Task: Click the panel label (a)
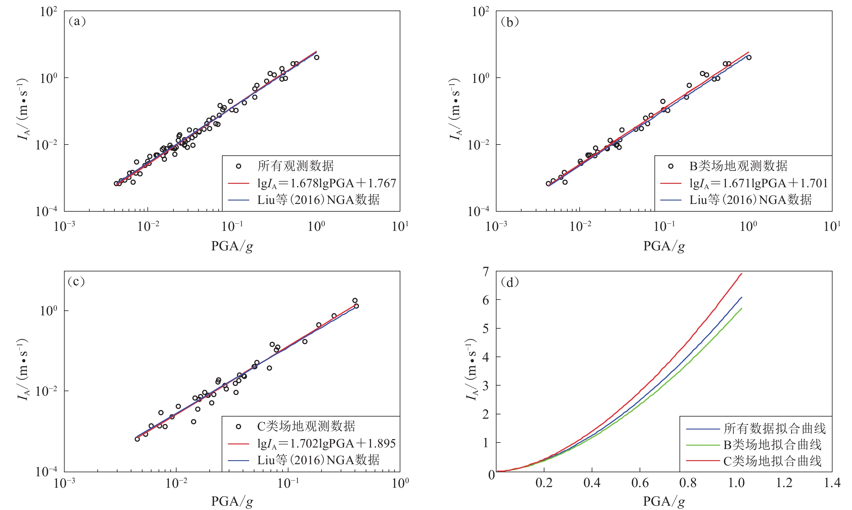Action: pos(77,22)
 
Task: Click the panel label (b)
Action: pos(510,22)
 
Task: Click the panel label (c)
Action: pos(76,282)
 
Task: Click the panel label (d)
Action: pos(510,283)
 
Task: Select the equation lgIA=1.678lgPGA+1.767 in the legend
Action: pos(326,184)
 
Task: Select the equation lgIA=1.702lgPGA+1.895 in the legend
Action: pos(326,444)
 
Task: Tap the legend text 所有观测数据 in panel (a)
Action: pos(296,166)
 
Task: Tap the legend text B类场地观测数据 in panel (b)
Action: pos(738,166)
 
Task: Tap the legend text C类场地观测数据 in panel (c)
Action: pos(306,426)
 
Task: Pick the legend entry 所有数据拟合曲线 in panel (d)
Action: pos(774,429)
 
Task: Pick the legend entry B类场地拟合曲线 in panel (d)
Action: pos(772,445)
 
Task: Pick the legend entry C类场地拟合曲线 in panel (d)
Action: pos(772,461)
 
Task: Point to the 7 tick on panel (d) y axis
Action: pos(485,272)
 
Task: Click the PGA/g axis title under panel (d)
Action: pos(664,501)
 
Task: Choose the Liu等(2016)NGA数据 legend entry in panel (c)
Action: pos(318,460)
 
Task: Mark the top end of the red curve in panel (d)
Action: pos(742,274)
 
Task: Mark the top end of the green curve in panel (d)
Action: pos(742,309)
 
